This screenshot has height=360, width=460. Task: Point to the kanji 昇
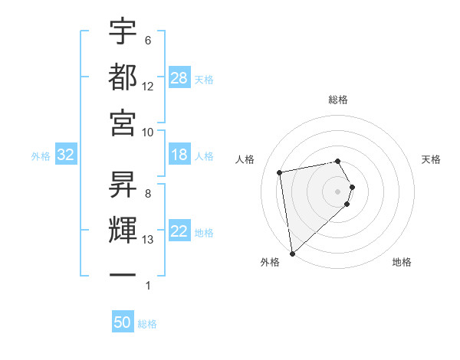[123, 183]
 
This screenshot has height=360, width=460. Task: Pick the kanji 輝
[123, 229]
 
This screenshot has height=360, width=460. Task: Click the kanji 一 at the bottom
[123, 273]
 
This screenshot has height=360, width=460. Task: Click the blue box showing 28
[179, 78]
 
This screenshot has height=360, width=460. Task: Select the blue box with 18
[179, 155]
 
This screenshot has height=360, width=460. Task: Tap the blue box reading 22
[179, 231]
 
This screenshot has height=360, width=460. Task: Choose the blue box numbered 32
[66, 155]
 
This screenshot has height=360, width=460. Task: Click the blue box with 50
[123, 322]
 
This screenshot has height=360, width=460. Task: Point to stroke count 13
[148, 240]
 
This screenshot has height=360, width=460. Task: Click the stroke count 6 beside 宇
[148, 41]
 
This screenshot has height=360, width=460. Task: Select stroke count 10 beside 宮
[148, 132]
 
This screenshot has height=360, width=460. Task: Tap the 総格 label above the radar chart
[338, 100]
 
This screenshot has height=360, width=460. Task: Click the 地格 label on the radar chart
[402, 262]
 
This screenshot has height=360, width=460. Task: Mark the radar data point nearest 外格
[292, 253]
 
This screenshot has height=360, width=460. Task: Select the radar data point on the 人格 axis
[280, 172]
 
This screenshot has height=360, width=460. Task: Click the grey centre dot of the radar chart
[338, 191]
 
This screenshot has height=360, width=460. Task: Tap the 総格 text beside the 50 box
[147, 324]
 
